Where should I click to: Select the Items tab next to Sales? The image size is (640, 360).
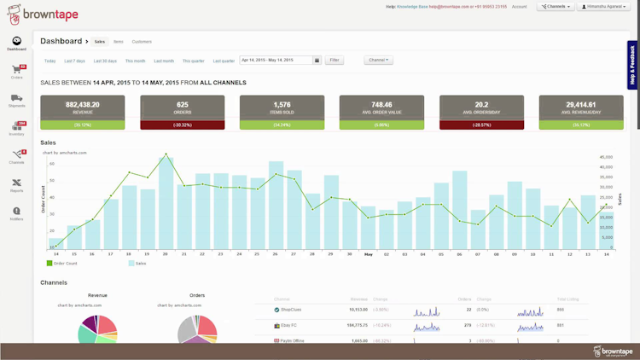pyautogui.click(x=118, y=41)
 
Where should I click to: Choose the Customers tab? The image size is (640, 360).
pyautogui.click(x=142, y=41)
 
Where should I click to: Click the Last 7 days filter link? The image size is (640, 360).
pyautogui.click(x=75, y=61)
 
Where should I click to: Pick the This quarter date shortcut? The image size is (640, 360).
pyautogui.click(x=193, y=61)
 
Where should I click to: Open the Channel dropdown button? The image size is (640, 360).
pyautogui.click(x=378, y=61)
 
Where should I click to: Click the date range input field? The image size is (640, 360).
pyautogui.click(x=276, y=61)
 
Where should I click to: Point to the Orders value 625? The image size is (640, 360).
pyautogui.click(x=183, y=104)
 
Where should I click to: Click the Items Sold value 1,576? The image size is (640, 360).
pyautogui.click(x=282, y=104)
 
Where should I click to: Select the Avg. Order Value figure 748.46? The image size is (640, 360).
pyautogui.click(x=381, y=104)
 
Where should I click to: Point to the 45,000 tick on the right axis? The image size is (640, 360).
pyautogui.click(x=607, y=156)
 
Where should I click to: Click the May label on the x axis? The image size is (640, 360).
pyautogui.click(x=369, y=253)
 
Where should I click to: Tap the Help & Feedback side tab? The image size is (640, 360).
pyautogui.click(x=632, y=65)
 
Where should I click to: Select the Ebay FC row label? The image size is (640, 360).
pyautogui.click(x=288, y=325)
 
